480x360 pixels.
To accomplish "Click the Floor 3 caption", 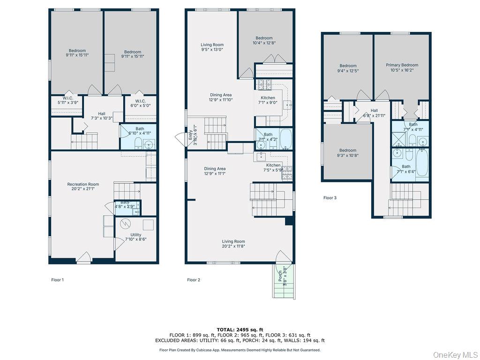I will [330, 198].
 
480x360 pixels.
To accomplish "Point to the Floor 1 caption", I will [57, 280].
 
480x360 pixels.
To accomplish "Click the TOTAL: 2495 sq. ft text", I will [240, 330].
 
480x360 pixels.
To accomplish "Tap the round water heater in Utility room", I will [126, 224].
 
